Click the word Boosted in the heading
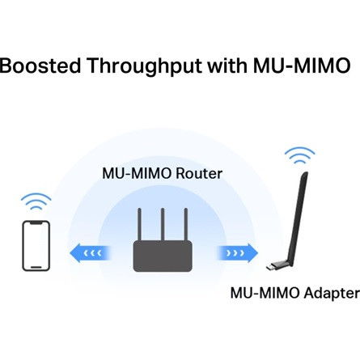tap(38, 66)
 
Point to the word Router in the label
tap(198, 173)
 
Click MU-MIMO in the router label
tap(136, 173)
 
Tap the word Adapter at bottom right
tap(331, 292)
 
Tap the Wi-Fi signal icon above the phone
tap(36, 200)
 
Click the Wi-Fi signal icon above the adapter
tap(299, 155)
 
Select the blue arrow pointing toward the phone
tap(88, 252)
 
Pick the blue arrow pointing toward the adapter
tap(238, 252)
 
